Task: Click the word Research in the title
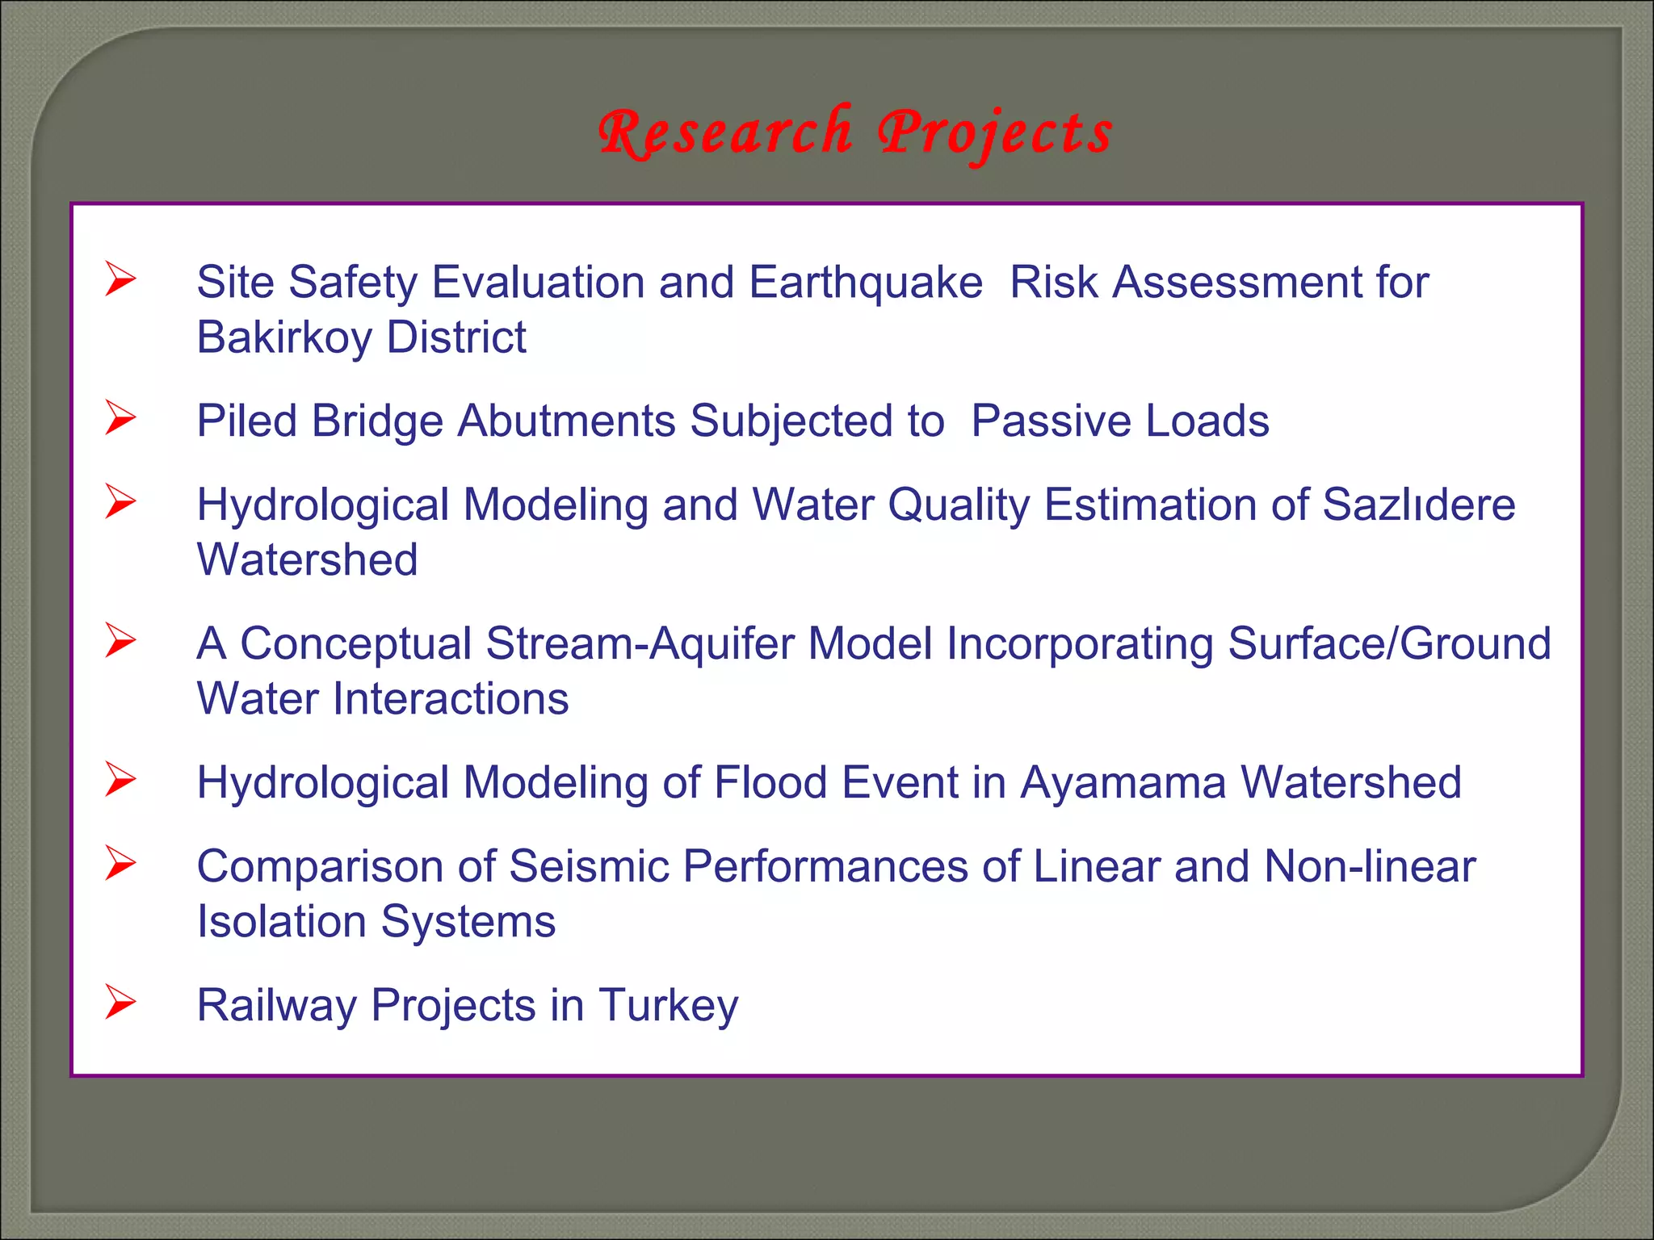click(724, 132)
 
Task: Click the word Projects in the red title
click(995, 134)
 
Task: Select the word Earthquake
click(865, 283)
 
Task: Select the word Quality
click(959, 505)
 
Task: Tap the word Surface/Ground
click(1389, 644)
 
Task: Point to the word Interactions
click(451, 699)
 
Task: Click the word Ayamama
click(1123, 783)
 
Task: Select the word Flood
click(770, 783)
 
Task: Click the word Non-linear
click(1370, 867)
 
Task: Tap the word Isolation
click(282, 922)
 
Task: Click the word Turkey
click(668, 1006)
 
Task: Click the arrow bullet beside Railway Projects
click(120, 1003)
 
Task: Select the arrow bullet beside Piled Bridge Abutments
click(120, 418)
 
